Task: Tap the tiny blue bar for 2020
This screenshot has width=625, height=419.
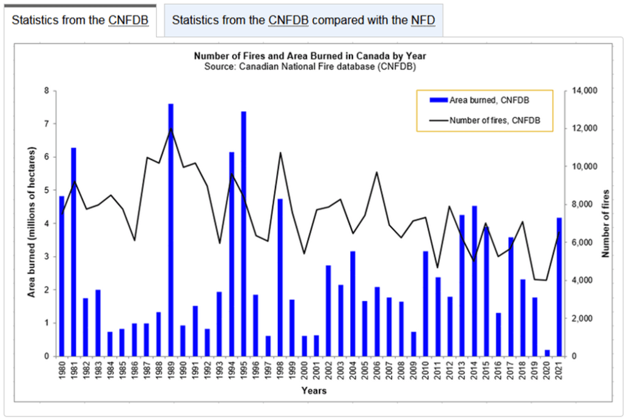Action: point(547,353)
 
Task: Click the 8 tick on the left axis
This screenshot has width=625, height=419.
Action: point(46,91)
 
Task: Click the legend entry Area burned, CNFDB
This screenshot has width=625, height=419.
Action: point(480,100)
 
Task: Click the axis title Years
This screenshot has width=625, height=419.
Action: point(313,391)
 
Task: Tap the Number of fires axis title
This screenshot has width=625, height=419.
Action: point(607,223)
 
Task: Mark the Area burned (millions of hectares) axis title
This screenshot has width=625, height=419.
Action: point(31,223)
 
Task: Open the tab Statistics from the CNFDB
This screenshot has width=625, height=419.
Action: point(80,20)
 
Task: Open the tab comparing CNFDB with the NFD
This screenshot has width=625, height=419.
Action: point(304,20)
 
